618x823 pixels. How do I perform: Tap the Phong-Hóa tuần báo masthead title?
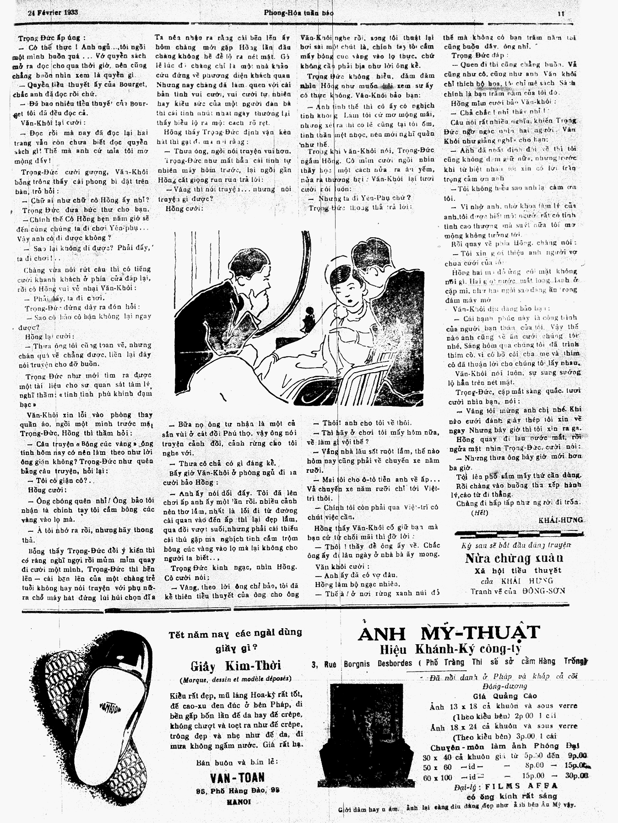[x=298, y=13]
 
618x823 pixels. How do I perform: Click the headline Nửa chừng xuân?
[x=514, y=558]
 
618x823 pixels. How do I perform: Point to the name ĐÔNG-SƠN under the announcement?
[x=544, y=591]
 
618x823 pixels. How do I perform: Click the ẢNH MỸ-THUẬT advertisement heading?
[x=449, y=633]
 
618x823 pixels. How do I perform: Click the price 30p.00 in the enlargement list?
[x=576, y=777]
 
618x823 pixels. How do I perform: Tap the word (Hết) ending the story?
[x=479, y=513]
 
